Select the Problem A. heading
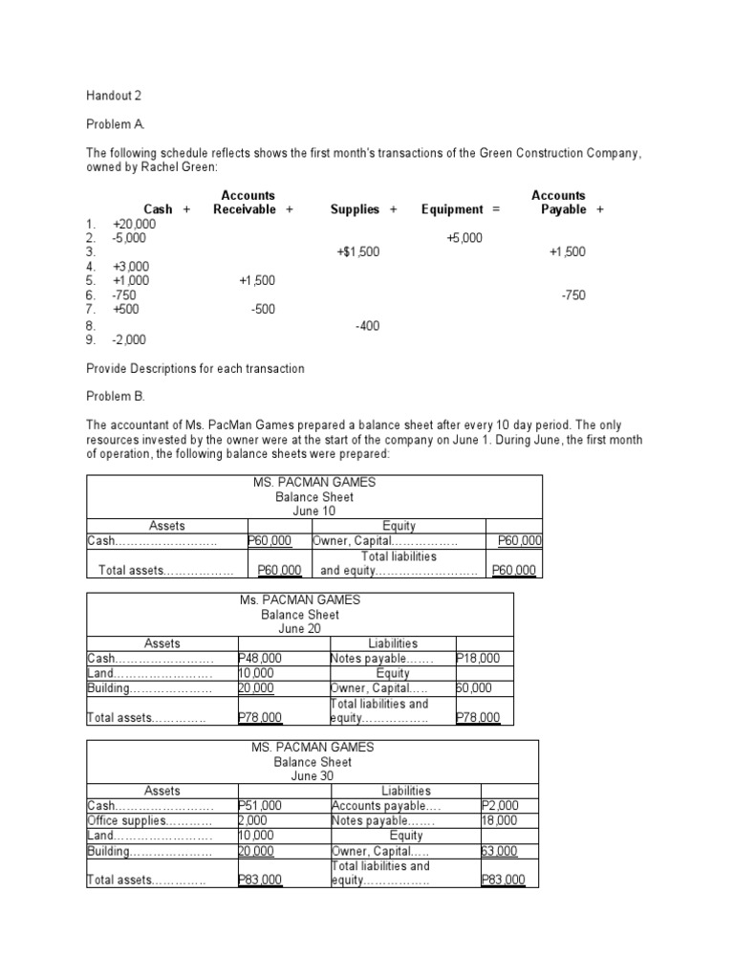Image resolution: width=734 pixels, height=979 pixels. (x=119, y=125)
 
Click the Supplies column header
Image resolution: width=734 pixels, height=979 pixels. (x=355, y=209)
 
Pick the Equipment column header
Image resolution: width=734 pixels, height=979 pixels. (x=453, y=209)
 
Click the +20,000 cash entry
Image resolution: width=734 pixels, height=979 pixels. (x=134, y=223)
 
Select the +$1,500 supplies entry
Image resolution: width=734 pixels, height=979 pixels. (x=358, y=252)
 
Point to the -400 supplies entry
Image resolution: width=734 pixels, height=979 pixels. (x=367, y=326)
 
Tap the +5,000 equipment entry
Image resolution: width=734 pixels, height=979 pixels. (x=464, y=237)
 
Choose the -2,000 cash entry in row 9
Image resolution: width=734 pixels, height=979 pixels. (x=129, y=339)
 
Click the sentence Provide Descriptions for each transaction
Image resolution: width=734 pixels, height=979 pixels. (x=195, y=369)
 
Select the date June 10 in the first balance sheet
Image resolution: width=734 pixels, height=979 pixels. (x=314, y=511)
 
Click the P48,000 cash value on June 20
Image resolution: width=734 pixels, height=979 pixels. (x=259, y=659)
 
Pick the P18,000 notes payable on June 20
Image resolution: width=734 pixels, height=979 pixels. (x=477, y=659)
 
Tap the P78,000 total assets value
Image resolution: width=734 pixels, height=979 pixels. (x=259, y=718)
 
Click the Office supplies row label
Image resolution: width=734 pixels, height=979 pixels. (x=135, y=821)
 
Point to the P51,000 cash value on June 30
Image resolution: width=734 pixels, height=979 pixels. (x=259, y=806)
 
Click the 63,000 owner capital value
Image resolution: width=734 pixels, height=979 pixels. (x=499, y=851)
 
